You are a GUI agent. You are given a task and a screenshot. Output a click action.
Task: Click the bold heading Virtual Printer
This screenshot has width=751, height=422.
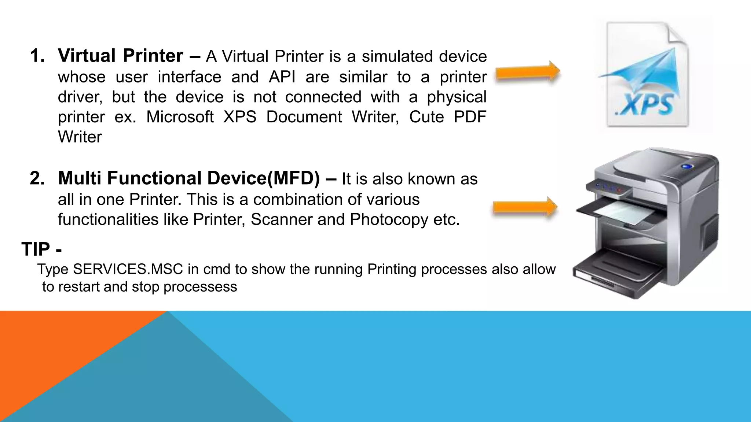pyautogui.click(x=120, y=56)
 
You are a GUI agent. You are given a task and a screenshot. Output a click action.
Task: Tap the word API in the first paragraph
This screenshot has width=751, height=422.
pyautogui.click(x=282, y=77)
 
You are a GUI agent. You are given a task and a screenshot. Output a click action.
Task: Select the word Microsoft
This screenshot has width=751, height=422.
pyautogui.click(x=180, y=117)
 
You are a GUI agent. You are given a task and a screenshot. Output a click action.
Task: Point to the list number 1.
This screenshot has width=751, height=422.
pyautogui.click(x=37, y=56)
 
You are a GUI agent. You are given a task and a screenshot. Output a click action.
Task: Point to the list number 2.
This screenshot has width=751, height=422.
pyautogui.click(x=37, y=178)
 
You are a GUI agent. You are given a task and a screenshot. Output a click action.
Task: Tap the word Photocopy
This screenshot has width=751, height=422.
pyautogui.click(x=389, y=220)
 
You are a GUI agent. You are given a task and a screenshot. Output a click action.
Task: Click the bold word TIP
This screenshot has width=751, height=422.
pyautogui.click(x=36, y=249)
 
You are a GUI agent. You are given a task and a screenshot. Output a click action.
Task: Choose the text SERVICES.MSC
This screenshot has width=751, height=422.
pyautogui.click(x=128, y=269)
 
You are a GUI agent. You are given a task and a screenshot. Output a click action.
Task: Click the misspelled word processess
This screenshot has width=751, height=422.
pyautogui.click(x=200, y=287)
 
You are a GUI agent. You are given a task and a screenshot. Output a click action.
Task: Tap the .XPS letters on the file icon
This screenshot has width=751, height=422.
pyautogui.click(x=646, y=104)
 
